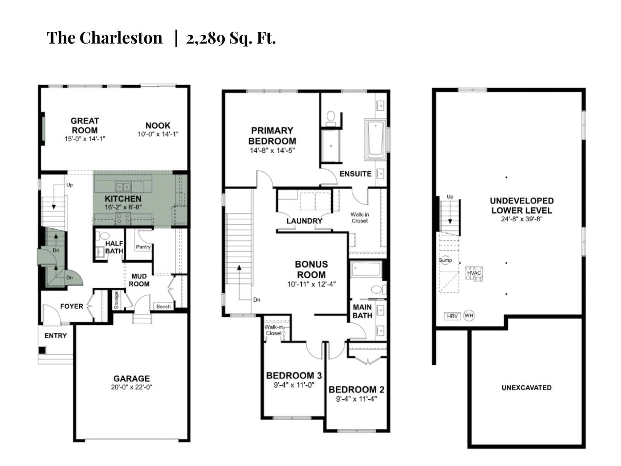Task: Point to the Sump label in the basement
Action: (445, 260)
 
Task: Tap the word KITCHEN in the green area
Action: (123, 199)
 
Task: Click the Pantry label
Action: (143, 247)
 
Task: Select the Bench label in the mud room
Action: (163, 306)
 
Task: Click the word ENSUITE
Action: (355, 174)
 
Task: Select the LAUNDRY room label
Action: (304, 221)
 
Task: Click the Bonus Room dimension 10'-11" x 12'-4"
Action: (311, 284)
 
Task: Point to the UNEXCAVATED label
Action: (526, 388)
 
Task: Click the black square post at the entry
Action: (42, 350)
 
